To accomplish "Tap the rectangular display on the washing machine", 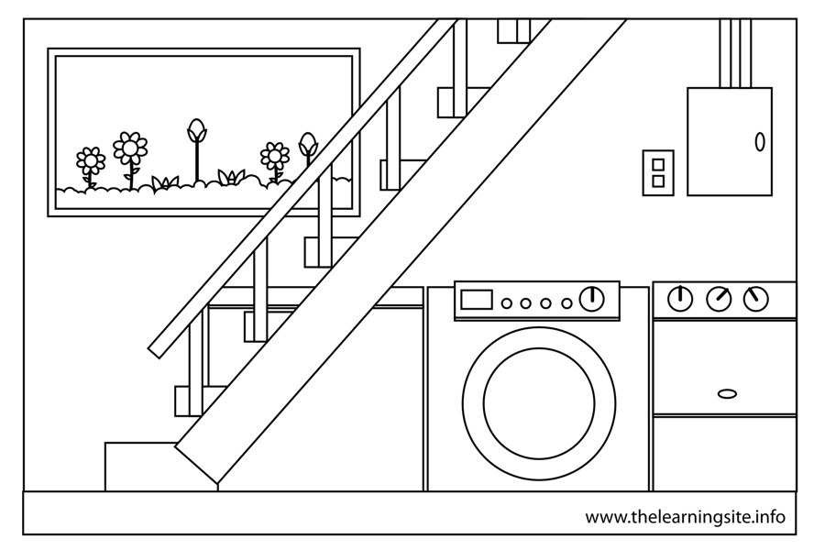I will (476, 300).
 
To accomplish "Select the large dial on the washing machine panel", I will (593, 299).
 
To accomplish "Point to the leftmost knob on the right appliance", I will (680, 299).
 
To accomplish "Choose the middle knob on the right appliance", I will (719, 299).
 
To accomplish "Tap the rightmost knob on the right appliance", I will (756, 299).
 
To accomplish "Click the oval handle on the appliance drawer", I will (727, 393).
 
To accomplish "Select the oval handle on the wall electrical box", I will (759, 142).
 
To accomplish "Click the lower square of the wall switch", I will (658, 181).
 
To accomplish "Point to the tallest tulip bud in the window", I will (196, 131).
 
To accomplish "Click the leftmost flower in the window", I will (91, 162).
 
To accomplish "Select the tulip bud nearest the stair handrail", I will (308, 145).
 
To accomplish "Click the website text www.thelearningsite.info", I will (686, 517).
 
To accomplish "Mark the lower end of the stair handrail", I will (158, 346).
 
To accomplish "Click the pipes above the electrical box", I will (734, 53).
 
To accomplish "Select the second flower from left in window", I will (130, 148).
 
